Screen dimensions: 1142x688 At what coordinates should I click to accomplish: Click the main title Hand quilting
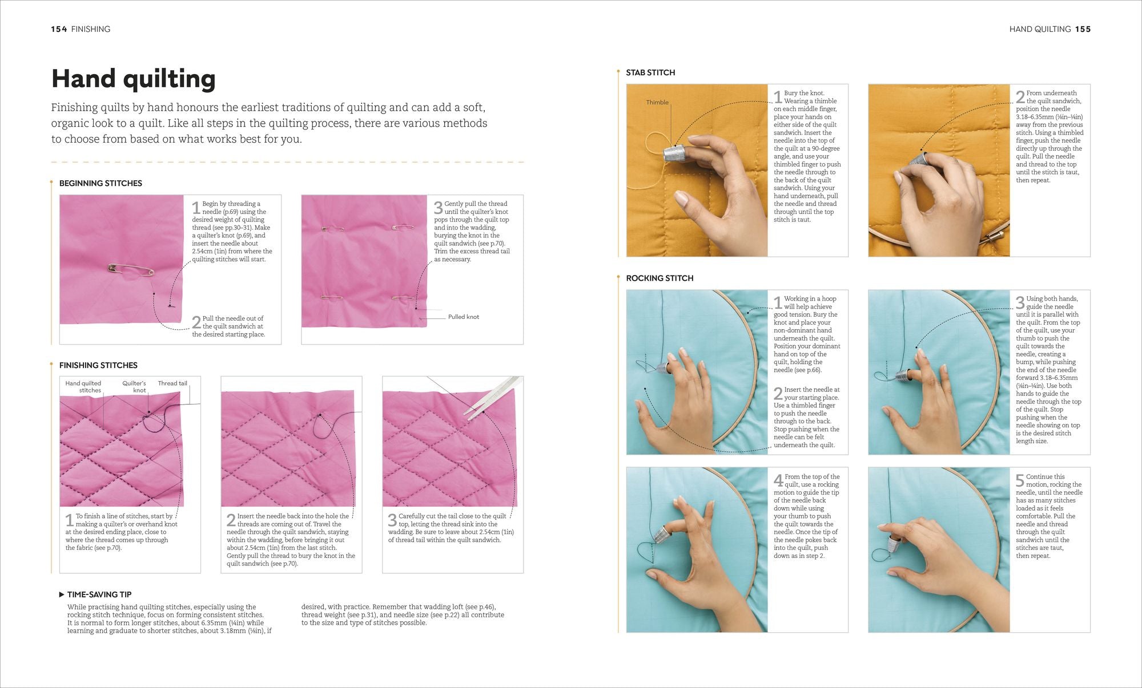point(134,79)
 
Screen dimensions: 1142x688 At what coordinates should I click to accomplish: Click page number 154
point(59,29)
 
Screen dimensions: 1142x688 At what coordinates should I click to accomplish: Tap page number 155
point(1083,29)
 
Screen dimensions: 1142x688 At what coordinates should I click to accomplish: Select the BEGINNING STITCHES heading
point(100,183)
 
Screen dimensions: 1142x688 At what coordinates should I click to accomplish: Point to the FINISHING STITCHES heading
point(98,365)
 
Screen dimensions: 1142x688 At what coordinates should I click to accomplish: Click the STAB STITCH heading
point(650,72)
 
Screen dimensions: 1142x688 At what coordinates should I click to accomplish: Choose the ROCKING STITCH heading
point(660,278)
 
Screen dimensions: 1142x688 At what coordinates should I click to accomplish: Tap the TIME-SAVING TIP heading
point(99,594)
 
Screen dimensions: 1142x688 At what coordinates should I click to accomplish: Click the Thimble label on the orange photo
point(657,103)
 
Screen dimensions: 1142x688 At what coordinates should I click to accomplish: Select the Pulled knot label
point(464,317)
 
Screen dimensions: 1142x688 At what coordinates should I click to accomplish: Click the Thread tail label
point(172,383)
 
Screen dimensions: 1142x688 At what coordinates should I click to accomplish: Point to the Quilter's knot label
point(134,387)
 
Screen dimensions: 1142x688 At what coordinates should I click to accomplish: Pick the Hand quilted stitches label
point(83,387)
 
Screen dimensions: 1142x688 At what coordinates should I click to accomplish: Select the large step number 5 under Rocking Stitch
point(1020,481)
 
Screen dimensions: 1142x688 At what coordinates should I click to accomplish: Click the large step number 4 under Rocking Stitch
point(778,481)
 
